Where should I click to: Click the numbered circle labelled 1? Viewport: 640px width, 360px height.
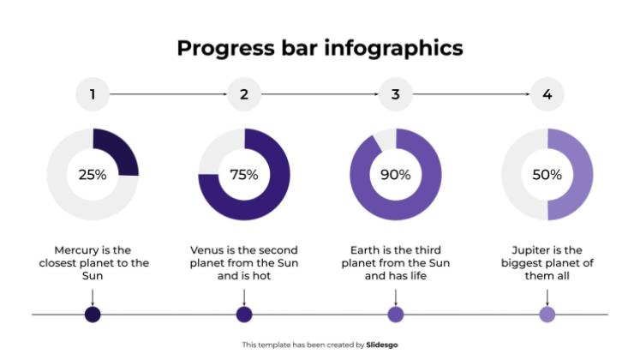pos(93,94)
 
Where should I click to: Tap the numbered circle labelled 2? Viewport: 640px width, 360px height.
pos(244,94)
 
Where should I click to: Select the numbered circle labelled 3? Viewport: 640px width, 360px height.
pos(396,94)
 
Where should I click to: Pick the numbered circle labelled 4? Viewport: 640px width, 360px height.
pos(547,94)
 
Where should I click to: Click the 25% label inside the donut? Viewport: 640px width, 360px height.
pos(93,175)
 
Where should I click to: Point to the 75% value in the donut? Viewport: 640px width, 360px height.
pos(244,175)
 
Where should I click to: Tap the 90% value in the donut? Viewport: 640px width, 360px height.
pos(396,175)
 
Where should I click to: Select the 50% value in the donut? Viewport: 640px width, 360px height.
pos(547,175)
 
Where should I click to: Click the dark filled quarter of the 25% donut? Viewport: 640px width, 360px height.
pos(118,151)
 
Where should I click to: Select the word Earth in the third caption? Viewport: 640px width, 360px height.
pos(367,249)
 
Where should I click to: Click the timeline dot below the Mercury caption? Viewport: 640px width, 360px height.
pos(93,315)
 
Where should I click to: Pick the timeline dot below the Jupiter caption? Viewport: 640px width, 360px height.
pos(547,315)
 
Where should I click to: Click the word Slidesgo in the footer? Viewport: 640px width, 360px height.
pos(382,345)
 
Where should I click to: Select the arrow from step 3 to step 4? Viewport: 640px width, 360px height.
pos(471,94)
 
